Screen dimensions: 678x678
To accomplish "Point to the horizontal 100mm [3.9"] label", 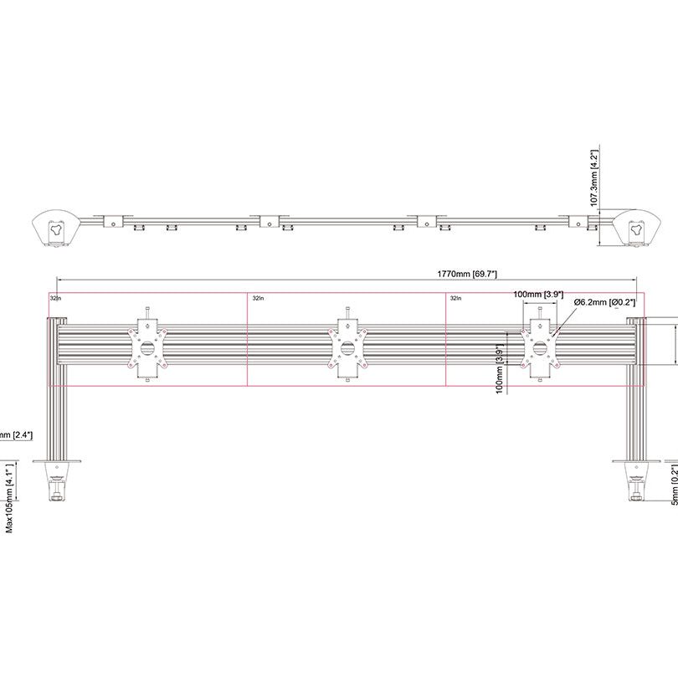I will coord(537,295).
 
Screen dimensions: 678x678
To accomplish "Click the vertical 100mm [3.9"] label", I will coord(500,368).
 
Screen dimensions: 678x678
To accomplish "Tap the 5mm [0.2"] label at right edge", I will coord(674,486).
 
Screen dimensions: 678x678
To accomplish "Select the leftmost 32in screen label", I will coord(55,297).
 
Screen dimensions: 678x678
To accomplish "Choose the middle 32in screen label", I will coord(258,297).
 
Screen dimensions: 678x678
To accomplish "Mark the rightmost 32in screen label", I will coord(455,297).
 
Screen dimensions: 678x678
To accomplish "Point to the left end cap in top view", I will coord(55,227).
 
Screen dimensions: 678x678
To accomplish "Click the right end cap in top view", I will coord(634,227).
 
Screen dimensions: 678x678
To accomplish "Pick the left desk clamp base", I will coord(56,477).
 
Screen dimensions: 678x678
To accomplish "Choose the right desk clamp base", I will coord(636,477).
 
